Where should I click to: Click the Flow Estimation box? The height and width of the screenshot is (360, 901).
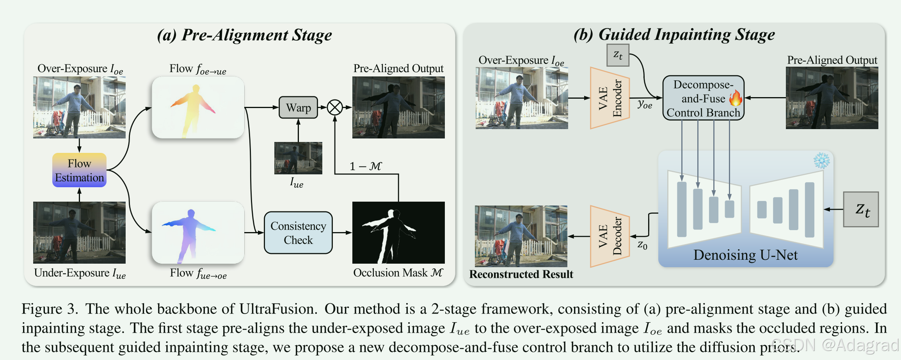pyautogui.click(x=79, y=170)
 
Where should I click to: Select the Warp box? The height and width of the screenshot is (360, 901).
pyautogui.click(x=298, y=108)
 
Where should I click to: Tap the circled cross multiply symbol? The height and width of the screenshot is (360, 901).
pyautogui.click(x=335, y=108)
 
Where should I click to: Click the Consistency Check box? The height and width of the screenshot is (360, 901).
pyautogui.click(x=298, y=233)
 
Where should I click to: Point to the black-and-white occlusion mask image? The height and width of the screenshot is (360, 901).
pyautogui.click(x=398, y=233)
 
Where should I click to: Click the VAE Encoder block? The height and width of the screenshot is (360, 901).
pyautogui.click(x=609, y=98)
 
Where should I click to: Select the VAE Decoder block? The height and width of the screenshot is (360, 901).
pyautogui.click(x=609, y=236)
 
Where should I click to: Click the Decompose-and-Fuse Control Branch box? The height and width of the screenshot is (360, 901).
pyautogui.click(x=703, y=98)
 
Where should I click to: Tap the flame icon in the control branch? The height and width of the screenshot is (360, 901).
pyautogui.click(x=736, y=98)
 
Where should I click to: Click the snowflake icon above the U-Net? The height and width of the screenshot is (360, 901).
pyautogui.click(x=821, y=160)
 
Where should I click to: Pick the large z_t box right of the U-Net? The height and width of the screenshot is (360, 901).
pyautogui.click(x=861, y=209)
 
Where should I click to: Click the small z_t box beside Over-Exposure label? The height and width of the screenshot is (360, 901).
pyautogui.click(x=618, y=55)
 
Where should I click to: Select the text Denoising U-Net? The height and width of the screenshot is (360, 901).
pyautogui.click(x=745, y=255)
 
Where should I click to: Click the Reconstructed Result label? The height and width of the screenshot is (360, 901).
pyautogui.click(x=521, y=274)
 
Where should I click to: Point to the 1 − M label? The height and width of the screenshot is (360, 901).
pyautogui.click(x=365, y=167)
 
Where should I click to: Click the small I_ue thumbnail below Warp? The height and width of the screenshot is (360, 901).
pyautogui.click(x=298, y=158)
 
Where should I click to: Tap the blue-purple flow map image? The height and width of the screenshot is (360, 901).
pyautogui.click(x=198, y=233)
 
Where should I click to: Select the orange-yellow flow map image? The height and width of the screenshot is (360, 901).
pyautogui.click(x=198, y=108)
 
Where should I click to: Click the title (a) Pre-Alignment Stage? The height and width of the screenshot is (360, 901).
pyautogui.click(x=244, y=35)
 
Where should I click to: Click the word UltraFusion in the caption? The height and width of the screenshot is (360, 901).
pyautogui.click(x=277, y=309)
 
